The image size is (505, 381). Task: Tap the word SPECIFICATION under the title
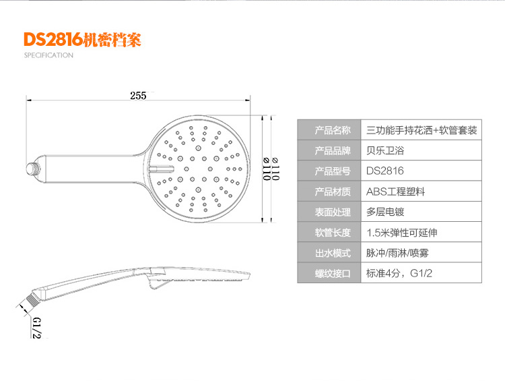pyautogui.click(x=48, y=55)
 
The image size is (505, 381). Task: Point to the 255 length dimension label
pyautogui.click(x=138, y=95)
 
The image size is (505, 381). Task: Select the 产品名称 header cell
pyautogui.click(x=333, y=130)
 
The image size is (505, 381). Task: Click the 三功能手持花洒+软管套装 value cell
pyautogui.click(x=422, y=130)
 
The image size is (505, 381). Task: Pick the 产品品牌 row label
pyautogui.click(x=333, y=150)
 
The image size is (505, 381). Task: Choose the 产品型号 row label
pyautogui.click(x=333, y=171)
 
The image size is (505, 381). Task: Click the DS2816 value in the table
pyautogui.click(x=385, y=171)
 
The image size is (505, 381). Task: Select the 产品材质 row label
pyautogui.click(x=333, y=192)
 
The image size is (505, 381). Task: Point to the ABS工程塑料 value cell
pyautogui.click(x=396, y=192)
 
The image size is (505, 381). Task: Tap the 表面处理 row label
pyautogui.click(x=333, y=212)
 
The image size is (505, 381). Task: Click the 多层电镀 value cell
pyautogui.click(x=386, y=212)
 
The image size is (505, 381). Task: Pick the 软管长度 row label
pyautogui.click(x=333, y=233)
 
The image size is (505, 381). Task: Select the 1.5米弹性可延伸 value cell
pyautogui.click(x=402, y=233)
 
